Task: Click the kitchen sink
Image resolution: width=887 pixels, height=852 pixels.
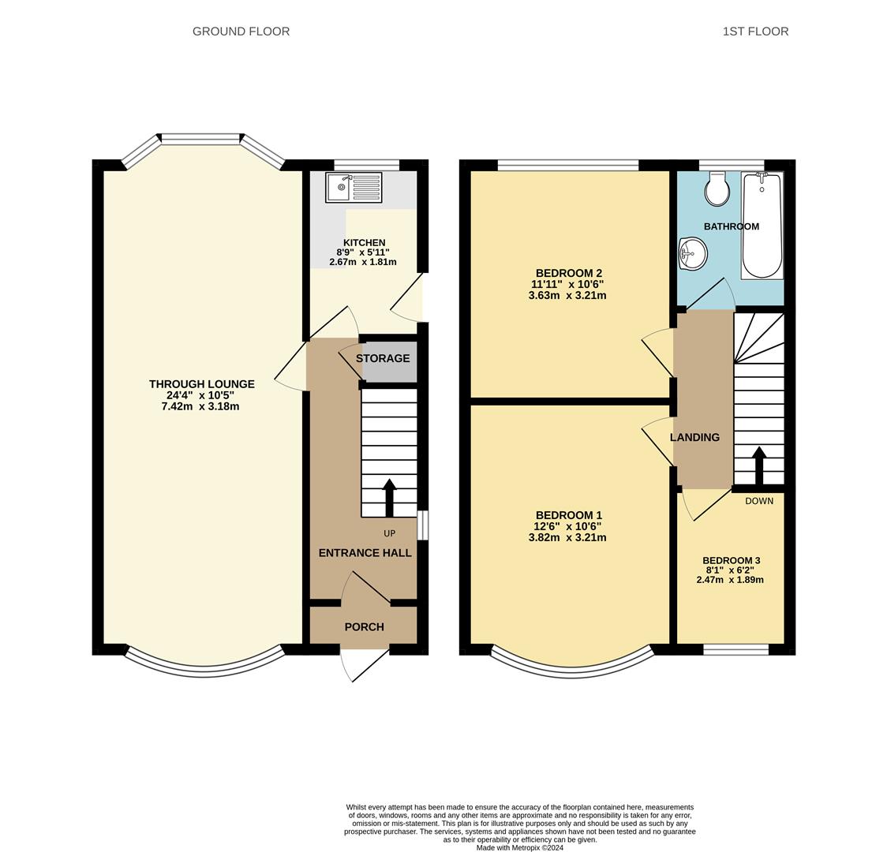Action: pos(354,188)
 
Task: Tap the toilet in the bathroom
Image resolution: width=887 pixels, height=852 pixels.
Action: pos(717,189)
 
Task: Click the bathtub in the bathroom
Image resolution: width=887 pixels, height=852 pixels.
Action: pos(762,226)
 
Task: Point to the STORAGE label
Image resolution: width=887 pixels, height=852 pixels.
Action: pos(383,358)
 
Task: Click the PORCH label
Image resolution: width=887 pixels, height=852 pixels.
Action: pos(365,627)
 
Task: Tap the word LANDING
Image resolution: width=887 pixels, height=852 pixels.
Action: pos(694,437)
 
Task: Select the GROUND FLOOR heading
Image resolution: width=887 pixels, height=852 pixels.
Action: pos(241,32)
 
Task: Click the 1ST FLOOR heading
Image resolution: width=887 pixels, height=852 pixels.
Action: pos(756,32)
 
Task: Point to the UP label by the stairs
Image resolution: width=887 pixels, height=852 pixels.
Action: pos(390,534)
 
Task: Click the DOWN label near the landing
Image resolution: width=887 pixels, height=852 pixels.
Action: pos(759,501)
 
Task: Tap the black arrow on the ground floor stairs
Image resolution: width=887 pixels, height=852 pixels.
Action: pos(389,498)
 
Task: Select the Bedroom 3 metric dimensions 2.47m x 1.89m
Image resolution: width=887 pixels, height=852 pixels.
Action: pos(730,580)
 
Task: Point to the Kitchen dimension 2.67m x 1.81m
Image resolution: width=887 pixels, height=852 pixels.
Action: pos(363,263)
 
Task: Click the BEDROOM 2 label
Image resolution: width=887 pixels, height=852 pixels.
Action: pos(568,274)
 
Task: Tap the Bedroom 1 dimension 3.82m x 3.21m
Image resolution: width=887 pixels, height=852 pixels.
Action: pos(567,538)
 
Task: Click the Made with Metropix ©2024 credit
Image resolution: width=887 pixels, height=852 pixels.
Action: pos(520,848)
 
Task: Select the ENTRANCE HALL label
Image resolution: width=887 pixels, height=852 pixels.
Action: pos(365,553)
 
